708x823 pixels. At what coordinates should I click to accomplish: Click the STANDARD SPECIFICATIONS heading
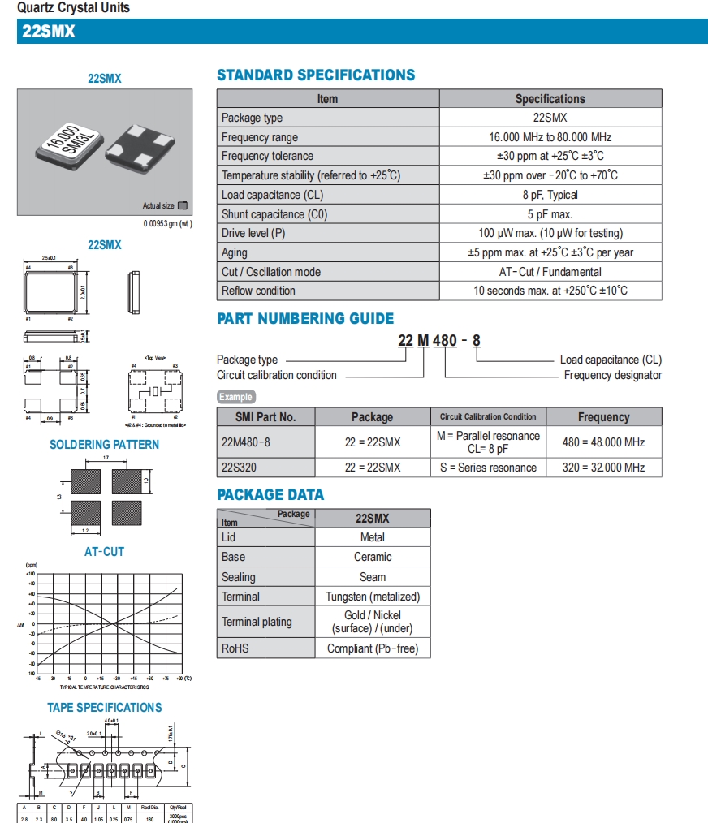tap(315, 75)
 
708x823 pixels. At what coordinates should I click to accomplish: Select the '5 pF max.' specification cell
tap(550, 214)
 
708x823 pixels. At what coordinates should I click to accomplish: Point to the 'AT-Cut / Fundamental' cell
tap(550, 272)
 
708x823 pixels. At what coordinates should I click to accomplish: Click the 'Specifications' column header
tap(550, 99)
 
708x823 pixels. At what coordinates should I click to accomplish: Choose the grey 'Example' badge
tap(236, 397)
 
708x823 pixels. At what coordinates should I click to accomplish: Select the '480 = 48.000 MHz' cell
tap(603, 442)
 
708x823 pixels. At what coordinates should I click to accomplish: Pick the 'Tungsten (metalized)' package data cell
tap(372, 597)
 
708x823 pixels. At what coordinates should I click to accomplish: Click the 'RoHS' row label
tap(235, 648)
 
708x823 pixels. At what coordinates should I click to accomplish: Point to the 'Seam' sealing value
tap(372, 577)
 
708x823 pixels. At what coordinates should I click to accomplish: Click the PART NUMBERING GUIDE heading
tap(305, 319)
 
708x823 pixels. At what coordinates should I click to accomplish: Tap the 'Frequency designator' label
tap(612, 375)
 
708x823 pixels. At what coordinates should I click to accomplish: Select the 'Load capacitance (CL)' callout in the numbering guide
tap(611, 360)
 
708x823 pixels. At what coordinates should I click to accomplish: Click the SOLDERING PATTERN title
tap(104, 445)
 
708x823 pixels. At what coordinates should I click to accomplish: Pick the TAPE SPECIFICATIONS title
tap(104, 708)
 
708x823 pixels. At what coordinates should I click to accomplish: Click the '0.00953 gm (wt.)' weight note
tap(167, 223)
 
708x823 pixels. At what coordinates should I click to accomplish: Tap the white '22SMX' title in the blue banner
tap(49, 32)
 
